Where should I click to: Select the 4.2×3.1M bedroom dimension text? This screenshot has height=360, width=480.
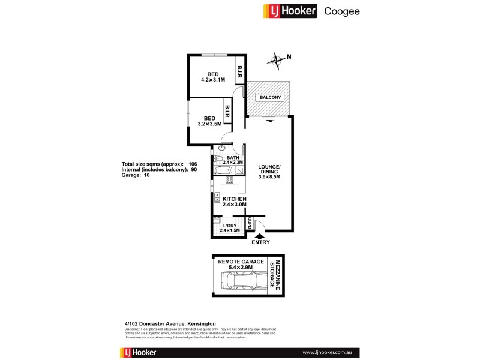pos(213,80)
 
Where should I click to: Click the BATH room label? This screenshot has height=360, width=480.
pos(232,157)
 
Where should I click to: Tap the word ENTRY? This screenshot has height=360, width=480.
pos(261,243)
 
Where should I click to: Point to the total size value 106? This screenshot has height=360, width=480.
pos(193,164)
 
